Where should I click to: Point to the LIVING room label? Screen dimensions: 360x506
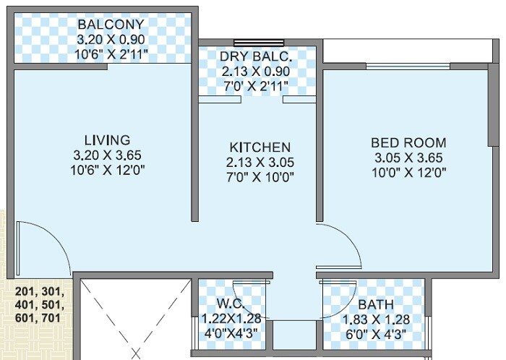(x=106, y=140)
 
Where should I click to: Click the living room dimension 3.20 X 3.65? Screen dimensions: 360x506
(x=106, y=155)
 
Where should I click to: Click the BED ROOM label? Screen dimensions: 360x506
(x=408, y=142)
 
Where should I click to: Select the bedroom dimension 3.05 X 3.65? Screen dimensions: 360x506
(x=408, y=158)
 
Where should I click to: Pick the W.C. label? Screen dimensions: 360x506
(x=229, y=303)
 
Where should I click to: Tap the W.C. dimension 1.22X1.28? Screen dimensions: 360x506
(x=229, y=318)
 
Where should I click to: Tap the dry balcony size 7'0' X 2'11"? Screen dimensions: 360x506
(x=257, y=87)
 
